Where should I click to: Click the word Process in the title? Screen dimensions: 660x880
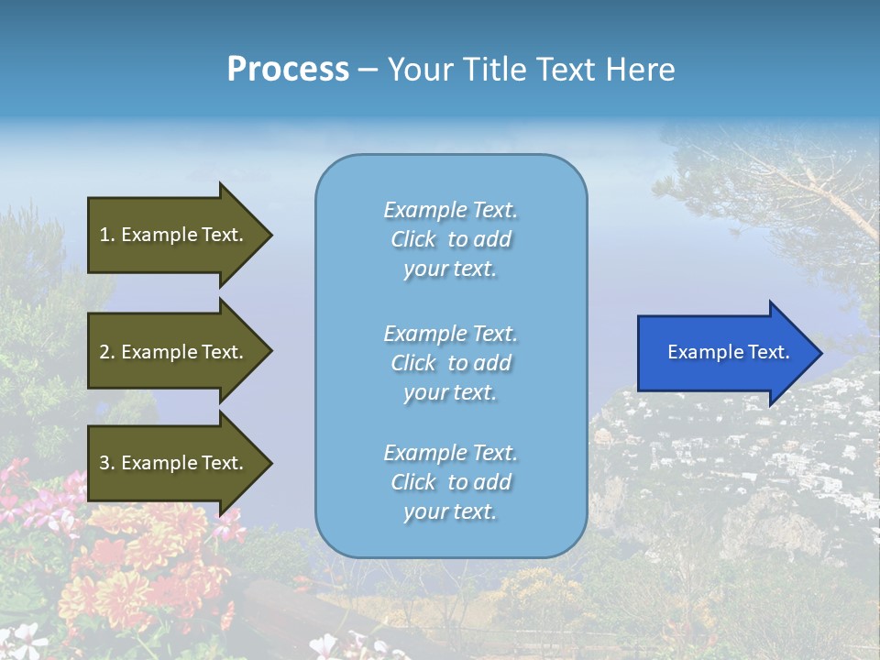pos(288,70)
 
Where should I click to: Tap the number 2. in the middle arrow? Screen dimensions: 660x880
pos(107,352)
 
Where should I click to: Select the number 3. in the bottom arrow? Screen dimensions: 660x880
pos(107,463)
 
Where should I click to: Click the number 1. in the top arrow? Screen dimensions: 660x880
pos(106,235)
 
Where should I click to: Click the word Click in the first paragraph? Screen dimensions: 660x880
pos(413,239)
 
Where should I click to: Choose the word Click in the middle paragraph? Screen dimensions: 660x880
pos(413,363)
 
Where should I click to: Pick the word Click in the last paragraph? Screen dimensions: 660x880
pos(413,482)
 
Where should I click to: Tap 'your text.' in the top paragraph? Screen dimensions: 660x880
pos(450,269)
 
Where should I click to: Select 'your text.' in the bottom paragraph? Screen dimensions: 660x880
pos(450,511)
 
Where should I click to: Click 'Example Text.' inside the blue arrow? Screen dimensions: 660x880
pos(729,352)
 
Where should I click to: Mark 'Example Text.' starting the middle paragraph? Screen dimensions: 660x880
pos(450,334)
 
